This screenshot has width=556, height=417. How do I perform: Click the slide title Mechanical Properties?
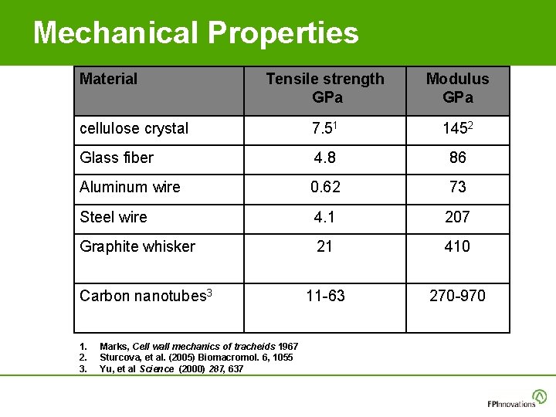pyautogui.click(x=195, y=33)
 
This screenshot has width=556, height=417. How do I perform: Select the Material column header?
pyautogui.click(x=109, y=79)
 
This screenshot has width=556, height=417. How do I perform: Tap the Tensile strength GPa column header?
pyautogui.click(x=325, y=88)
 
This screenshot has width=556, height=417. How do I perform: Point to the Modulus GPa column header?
pyautogui.click(x=458, y=88)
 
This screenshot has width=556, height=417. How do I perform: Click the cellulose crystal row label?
pyautogui.click(x=134, y=129)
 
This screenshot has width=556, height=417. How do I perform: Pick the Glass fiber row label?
pyautogui.click(x=117, y=158)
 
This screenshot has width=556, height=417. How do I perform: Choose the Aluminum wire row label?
pyautogui.click(x=130, y=187)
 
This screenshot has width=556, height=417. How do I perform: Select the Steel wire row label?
pyautogui.click(x=114, y=217)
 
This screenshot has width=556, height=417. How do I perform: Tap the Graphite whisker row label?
pyautogui.click(x=137, y=246)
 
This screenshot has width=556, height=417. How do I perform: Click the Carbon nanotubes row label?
pyautogui.click(x=146, y=295)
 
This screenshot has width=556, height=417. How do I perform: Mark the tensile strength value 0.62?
pyautogui.click(x=325, y=187)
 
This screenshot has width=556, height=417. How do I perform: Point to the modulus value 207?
pyautogui.click(x=458, y=217)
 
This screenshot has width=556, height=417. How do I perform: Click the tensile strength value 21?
pyautogui.click(x=325, y=246)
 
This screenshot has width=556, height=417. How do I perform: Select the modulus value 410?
pyautogui.click(x=458, y=246)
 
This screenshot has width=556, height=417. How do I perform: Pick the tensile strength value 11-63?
pyautogui.click(x=325, y=295)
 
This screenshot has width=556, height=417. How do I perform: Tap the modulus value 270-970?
pyautogui.click(x=458, y=295)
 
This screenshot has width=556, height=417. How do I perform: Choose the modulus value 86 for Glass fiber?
pyautogui.click(x=458, y=158)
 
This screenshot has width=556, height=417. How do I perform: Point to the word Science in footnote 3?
pyautogui.click(x=158, y=369)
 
